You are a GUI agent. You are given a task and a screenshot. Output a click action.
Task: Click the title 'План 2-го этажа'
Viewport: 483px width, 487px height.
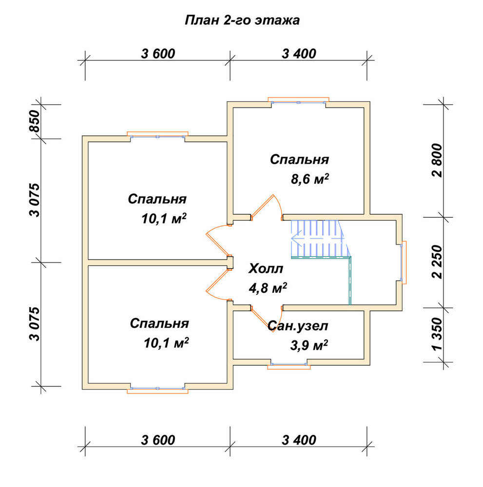[x=242, y=20]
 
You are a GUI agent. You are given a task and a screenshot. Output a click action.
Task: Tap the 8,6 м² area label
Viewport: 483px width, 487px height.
[x=309, y=179]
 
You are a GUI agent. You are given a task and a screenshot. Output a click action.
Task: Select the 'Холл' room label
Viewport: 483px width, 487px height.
[x=266, y=269]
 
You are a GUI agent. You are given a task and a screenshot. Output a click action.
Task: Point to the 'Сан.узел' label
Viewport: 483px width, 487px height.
[x=298, y=326]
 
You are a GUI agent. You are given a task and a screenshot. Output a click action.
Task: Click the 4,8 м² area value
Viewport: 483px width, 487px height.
[x=268, y=288]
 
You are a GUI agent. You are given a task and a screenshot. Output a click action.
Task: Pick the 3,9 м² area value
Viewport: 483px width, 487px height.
[x=309, y=345]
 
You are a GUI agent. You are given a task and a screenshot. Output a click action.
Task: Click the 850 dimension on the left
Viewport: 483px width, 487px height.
[x=35, y=121]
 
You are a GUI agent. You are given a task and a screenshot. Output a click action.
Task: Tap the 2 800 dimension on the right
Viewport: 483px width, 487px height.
[x=437, y=160]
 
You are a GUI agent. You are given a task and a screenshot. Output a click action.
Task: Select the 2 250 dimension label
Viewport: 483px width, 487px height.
[x=437, y=262]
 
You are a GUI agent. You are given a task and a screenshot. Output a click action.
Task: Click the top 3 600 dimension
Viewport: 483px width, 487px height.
[x=158, y=54]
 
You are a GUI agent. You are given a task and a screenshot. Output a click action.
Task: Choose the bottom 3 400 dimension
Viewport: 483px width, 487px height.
[x=299, y=440]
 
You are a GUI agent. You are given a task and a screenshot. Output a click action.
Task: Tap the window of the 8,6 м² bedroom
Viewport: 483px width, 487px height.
[x=298, y=101]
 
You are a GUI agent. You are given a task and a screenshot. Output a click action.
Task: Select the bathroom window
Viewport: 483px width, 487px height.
[x=289, y=365]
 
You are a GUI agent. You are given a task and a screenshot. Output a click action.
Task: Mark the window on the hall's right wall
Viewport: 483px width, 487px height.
[x=403, y=262]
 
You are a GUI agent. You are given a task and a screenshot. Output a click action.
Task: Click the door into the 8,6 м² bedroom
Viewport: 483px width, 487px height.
[x=262, y=206]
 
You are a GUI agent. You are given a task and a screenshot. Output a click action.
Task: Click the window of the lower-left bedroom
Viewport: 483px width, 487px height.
[x=157, y=390]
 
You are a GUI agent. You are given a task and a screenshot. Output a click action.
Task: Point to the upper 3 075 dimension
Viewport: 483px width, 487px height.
[x=35, y=200]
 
